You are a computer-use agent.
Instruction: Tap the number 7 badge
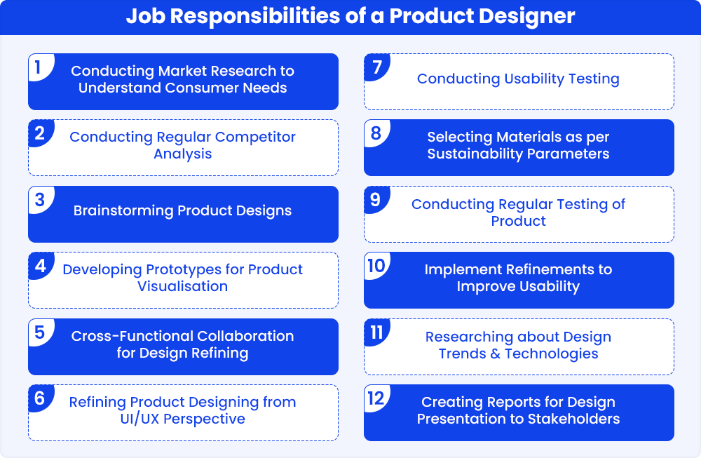(377, 67)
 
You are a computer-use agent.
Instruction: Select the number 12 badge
(377, 398)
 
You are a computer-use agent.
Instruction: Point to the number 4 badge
(41, 266)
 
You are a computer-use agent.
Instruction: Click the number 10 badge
(377, 266)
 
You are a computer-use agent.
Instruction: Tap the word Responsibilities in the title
(255, 15)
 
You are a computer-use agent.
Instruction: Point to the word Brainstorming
(123, 210)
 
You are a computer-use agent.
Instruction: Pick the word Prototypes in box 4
(184, 270)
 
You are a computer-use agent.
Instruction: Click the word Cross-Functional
(132, 336)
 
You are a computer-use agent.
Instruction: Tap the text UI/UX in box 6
(139, 419)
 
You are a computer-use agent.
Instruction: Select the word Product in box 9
(518, 221)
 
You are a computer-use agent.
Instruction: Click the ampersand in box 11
(496, 353)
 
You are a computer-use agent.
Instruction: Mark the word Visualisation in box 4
(182, 286)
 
